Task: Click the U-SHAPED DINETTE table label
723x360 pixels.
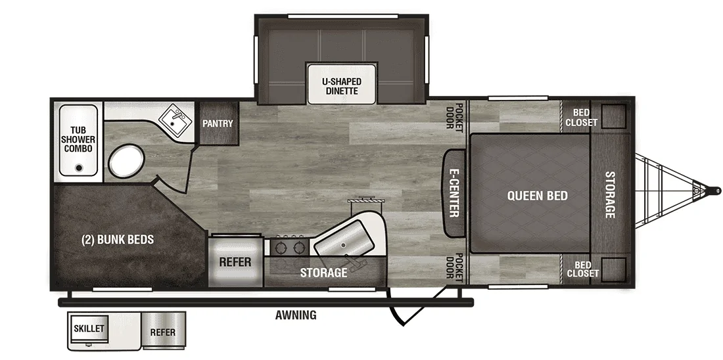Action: coord(342,86)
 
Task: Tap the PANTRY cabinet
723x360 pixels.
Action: coord(219,123)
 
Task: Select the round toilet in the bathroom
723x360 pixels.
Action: coord(126,162)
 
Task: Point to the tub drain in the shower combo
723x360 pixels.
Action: coord(79,168)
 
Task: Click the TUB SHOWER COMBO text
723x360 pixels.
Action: coord(79,140)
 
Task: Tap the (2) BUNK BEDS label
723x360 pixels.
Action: coord(118,240)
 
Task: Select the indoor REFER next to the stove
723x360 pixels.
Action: coord(235,262)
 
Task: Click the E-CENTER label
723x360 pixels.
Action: coord(454,192)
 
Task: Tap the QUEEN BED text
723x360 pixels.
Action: coord(538,196)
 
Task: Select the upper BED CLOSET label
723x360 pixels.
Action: coord(582,118)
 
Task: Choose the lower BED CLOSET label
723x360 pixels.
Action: coord(583,269)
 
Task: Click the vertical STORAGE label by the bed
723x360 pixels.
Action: coord(610,194)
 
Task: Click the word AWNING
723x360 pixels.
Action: coord(296,315)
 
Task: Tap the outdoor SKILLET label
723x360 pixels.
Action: coord(89,328)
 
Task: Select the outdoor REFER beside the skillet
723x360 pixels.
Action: coord(163,332)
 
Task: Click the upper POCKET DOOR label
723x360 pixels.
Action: coord(454,117)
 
